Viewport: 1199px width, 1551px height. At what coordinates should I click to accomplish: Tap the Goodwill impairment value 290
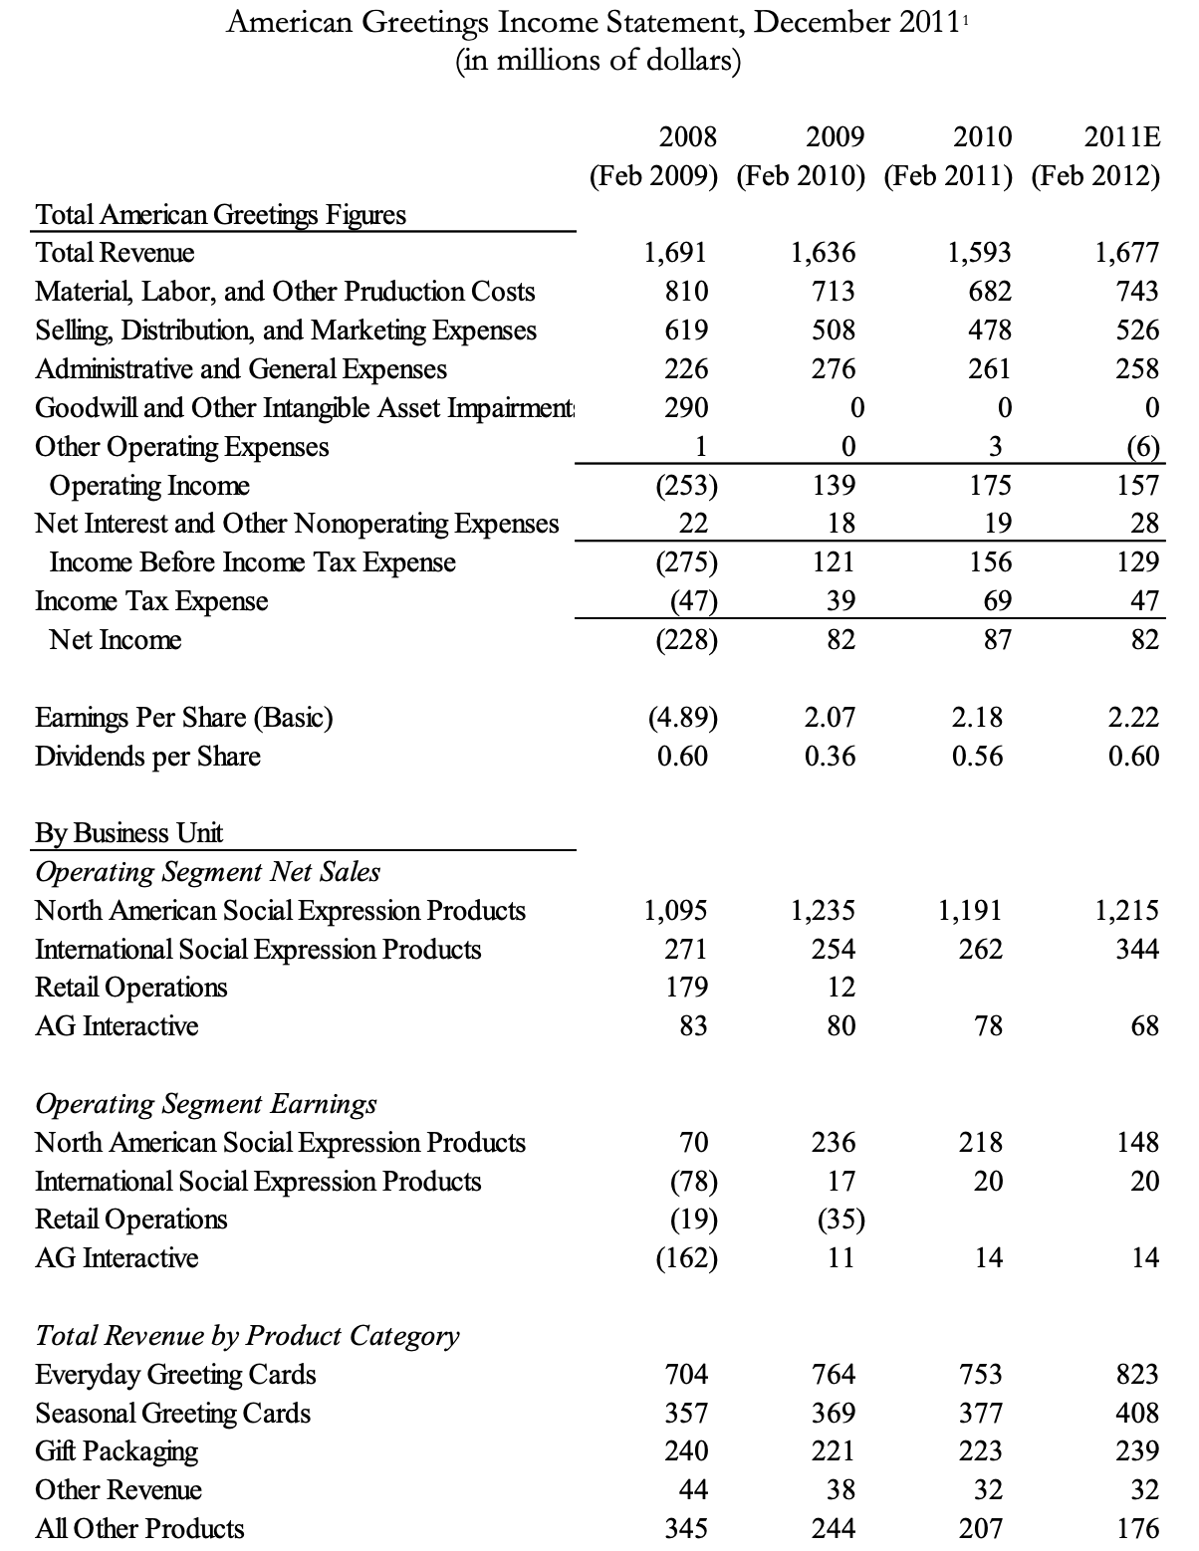pos(686,407)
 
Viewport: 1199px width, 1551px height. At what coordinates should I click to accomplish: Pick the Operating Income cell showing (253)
pos(685,485)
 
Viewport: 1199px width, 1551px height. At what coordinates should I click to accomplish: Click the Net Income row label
pos(116,639)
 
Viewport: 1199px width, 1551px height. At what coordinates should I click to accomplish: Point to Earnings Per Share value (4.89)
pos(685,717)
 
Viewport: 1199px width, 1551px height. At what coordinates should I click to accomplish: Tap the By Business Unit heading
pos(128,832)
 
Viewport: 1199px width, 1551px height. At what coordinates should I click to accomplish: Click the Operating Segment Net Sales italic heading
pos(207,872)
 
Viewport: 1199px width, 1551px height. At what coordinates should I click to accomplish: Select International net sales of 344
pos(1137,949)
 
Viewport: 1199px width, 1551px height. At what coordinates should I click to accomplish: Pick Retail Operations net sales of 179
pos(686,987)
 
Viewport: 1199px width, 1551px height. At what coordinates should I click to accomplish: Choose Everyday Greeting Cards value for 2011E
pos(1137,1374)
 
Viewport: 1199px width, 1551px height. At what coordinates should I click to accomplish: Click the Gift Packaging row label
pos(117,1450)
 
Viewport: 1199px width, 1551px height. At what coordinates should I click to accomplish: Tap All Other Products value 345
pos(686,1528)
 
